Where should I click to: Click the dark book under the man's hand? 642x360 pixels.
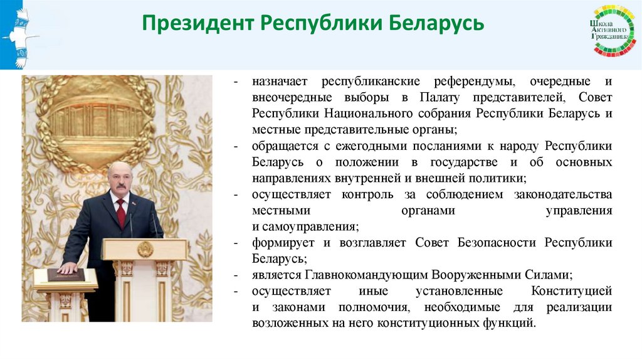(65, 274)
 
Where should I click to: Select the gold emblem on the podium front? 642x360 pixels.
(145, 248)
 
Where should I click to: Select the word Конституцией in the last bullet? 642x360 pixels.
(571, 291)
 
